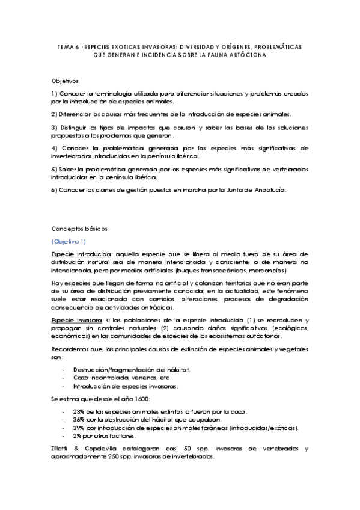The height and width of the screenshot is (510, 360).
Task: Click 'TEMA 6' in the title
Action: (x=68, y=46)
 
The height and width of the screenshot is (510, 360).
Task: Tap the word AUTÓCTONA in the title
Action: (x=246, y=55)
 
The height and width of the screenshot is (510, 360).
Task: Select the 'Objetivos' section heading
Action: (x=65, y=80)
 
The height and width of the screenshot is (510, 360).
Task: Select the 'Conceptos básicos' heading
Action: (x=76, y=229)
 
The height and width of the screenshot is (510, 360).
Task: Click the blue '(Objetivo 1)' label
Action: (x=69, y=241)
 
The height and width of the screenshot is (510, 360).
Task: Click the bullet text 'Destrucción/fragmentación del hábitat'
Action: (x=124, y=369)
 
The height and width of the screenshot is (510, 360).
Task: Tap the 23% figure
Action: (x=78, y=412)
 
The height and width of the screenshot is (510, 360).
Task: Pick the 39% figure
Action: (x=78, y=428)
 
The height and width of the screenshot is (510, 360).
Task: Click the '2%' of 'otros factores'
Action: (x=77, y=436)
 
